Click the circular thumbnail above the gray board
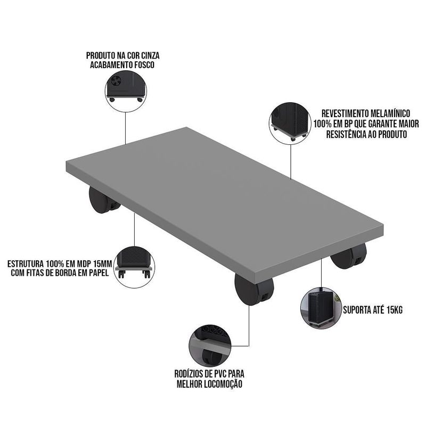coord(126,91)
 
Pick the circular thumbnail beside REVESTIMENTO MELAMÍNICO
coord(290,123)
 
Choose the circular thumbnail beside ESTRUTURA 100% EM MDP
coord(134,267)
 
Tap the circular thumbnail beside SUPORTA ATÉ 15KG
coord(321,308)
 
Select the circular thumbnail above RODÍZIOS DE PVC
coord(210,345)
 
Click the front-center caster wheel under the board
coord(254,289)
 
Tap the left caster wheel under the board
coord(103,200)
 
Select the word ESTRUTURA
coord(26,264)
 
